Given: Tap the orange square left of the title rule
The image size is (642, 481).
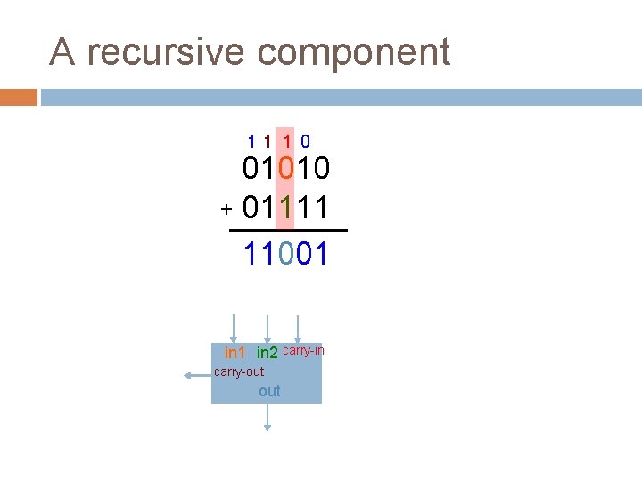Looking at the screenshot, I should click(18, 96).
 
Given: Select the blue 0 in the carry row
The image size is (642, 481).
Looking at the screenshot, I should click(305, 141).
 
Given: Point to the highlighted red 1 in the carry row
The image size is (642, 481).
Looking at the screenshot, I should click(287, 141).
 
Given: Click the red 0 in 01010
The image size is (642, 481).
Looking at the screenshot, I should click(285, 168).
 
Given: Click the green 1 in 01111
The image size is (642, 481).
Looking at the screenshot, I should click(285, 208).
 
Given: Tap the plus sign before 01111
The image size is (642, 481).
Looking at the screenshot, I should click(226, 210).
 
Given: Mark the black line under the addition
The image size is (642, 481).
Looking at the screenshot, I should click(287, 232).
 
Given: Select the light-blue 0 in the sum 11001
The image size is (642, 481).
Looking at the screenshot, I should click(285, 255).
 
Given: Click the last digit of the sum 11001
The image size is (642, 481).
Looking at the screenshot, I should click(321, 255).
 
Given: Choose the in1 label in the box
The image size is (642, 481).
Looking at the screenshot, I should click(235, 355).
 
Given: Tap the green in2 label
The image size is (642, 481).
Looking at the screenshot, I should click(267, 355).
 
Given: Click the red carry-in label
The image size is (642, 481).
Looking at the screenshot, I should click(303, 351).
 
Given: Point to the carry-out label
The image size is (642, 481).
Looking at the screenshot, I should click(239, 371).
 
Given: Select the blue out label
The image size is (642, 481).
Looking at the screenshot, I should click(269, 391).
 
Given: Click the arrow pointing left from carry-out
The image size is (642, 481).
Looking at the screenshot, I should click(196, 376).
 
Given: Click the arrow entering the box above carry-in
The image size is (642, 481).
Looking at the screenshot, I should click(298, 328).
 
